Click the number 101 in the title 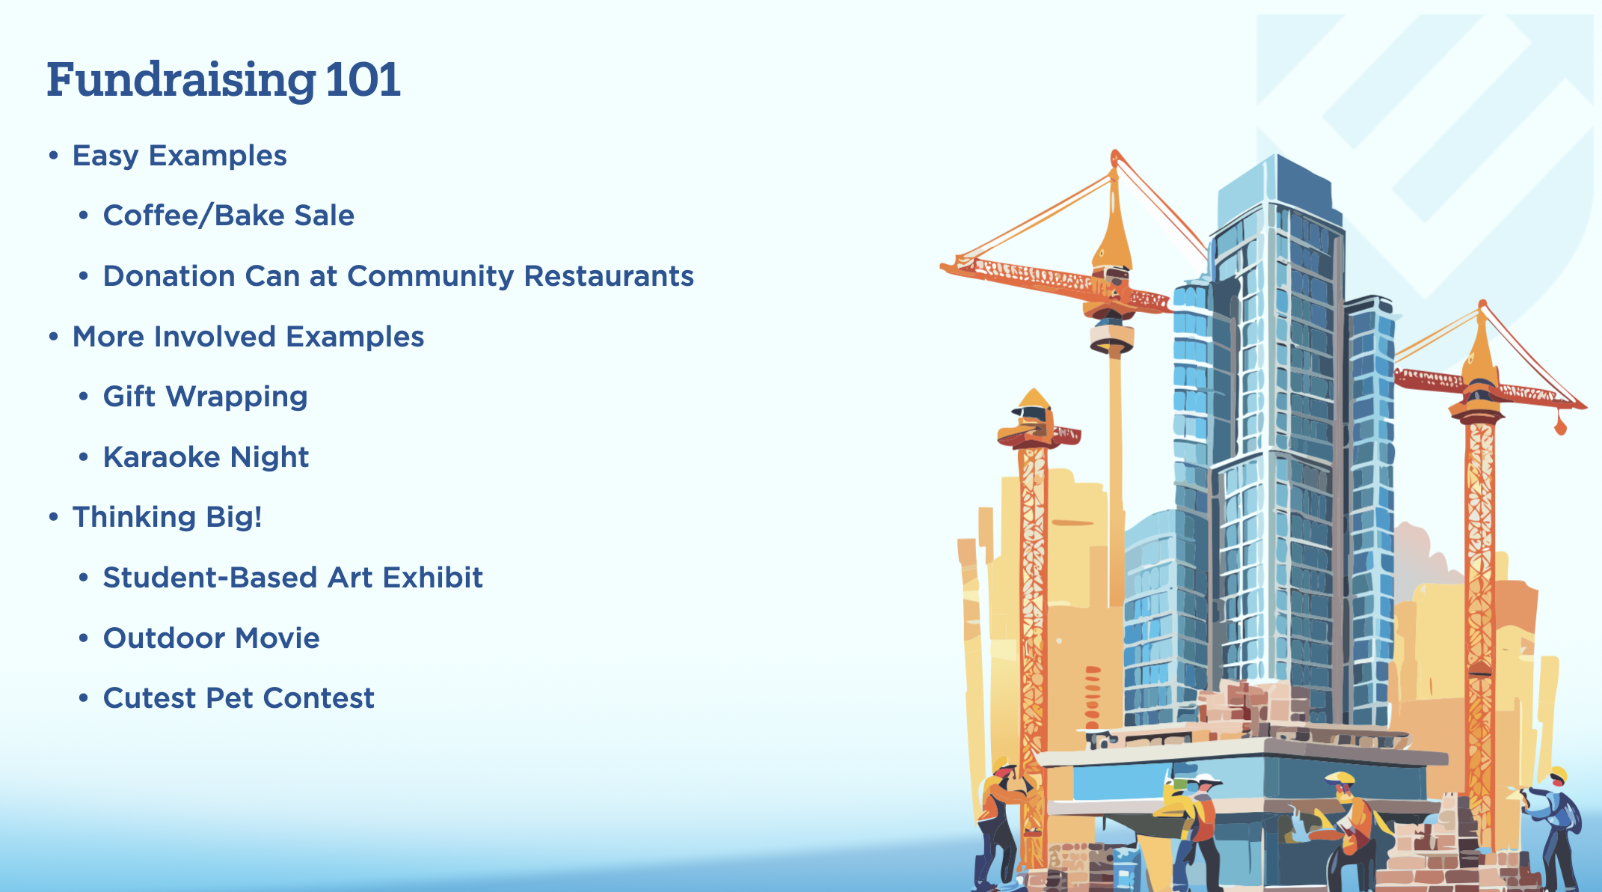pos(363,79)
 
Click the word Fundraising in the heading pos(181,81)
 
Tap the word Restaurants pos(609,276)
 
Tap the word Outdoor pos(165,638)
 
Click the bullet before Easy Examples pos(53,156)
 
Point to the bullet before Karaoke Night pos(84,457)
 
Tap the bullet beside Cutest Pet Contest pos(84,698)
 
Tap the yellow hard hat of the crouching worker pos(1339,778)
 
